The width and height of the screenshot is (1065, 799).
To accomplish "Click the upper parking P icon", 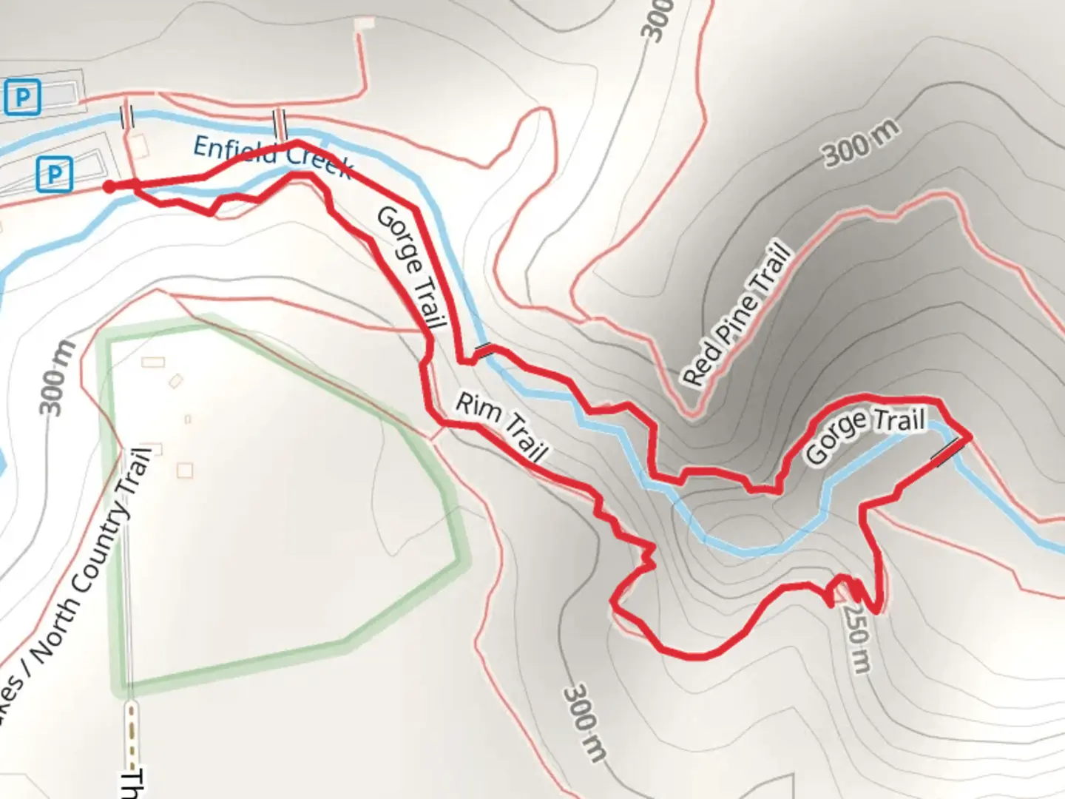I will coord(23,98).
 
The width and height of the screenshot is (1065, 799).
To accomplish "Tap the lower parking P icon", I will coord(54,175).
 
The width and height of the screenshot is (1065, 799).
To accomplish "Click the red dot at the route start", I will coord(109,187).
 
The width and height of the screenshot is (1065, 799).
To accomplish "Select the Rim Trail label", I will coord(501,428).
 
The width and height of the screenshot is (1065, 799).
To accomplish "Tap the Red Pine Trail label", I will coord(737,314).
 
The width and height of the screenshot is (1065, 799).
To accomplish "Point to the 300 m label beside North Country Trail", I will coord(58,379).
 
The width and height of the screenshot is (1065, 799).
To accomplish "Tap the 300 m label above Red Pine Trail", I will coord(862,143).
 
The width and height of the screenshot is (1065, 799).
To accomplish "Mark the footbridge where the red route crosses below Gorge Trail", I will coord(482,351).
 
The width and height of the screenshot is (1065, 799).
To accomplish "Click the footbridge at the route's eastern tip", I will coord(949,452).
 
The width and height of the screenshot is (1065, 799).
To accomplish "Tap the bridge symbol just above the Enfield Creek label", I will coord(280,122).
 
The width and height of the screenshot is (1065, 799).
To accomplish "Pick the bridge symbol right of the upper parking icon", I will coord(127,116).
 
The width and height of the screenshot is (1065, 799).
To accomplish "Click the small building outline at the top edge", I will coord(364,24).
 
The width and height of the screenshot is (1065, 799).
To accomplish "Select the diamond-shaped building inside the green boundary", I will coord(175,381).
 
